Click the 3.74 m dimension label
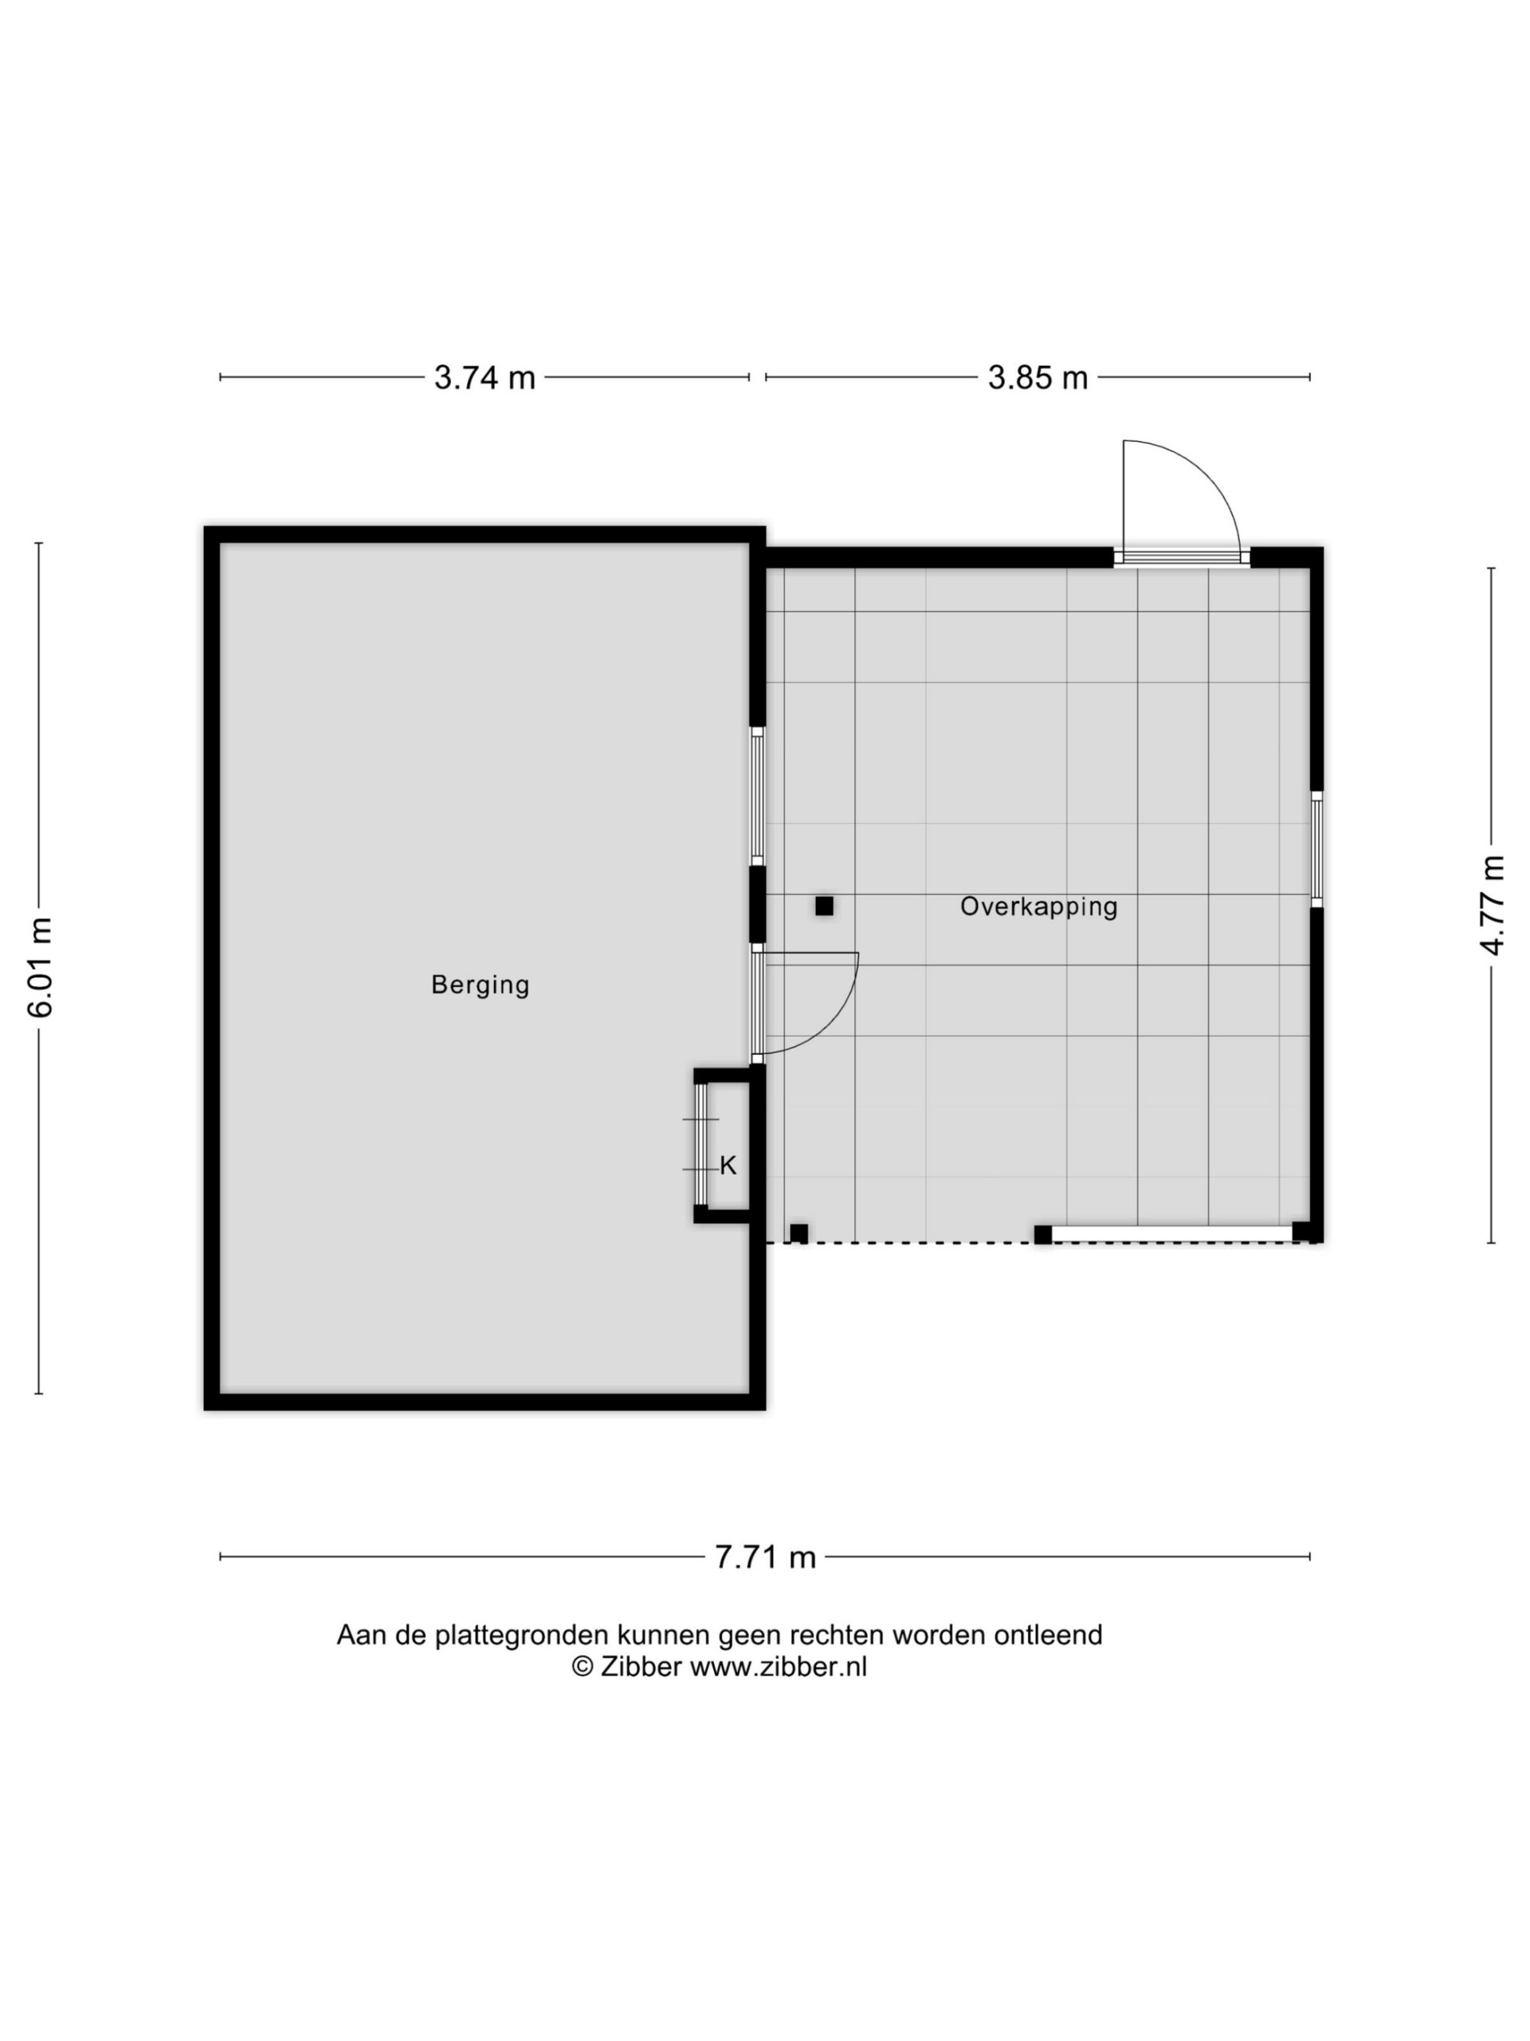[484, 377]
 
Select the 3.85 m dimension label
[1038, 377]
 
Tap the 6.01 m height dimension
[40, 968]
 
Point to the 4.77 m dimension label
[1493, 905]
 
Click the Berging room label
[481, 985]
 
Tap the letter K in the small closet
[728, 1166]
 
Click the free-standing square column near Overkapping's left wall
[823, 906]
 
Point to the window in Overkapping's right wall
[1316, 849]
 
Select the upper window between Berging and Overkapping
[756, 796]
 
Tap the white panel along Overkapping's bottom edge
[1171, 1233]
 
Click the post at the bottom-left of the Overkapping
[798, 1233]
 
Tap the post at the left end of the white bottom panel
[1042, 1234]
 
